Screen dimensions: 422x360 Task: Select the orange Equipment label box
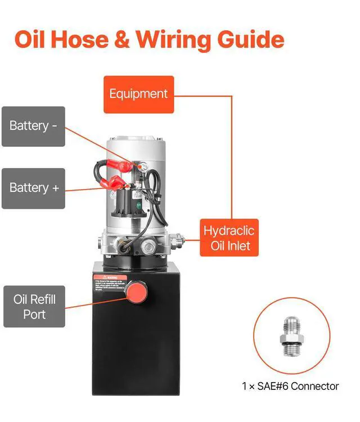[138, 94]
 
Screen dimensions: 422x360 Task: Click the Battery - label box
[33, 126]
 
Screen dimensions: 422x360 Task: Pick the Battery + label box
[33, 188]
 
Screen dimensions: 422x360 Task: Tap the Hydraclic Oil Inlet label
[229, 237]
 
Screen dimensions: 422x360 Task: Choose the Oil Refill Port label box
[34, 306]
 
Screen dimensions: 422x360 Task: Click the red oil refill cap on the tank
[136, 291]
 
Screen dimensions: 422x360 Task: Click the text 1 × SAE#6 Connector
[290, 386]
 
